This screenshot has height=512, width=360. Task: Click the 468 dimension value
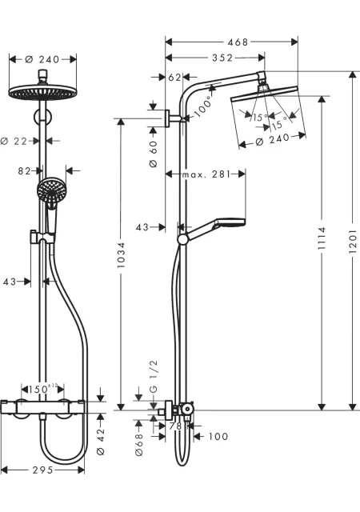[238, 42]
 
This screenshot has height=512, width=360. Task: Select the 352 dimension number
[222, 58]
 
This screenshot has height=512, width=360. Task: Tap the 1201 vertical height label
[353, 241]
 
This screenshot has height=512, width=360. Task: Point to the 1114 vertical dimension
[322, 238]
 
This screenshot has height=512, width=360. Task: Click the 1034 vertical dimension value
[121, 255]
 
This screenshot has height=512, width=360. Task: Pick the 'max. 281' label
[206, 174]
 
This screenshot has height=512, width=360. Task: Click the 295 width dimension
[42, 470]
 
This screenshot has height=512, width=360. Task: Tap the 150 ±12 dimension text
[42, 389]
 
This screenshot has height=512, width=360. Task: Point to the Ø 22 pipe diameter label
[14, 141]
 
